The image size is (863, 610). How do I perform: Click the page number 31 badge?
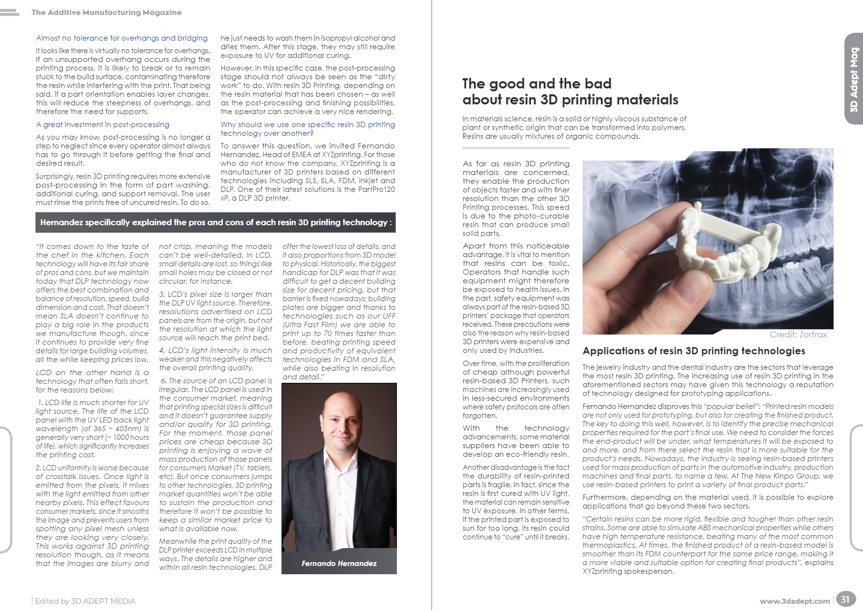tap(845, 600)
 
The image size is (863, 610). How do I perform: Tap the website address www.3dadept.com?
tap(794, 601)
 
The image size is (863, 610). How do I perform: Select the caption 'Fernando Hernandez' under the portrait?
tap(339, 564)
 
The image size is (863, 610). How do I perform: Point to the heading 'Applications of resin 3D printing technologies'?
tap(694, 351)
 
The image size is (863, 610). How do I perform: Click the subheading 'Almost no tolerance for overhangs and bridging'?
tap(122, 38)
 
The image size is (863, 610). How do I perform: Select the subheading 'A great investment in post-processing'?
tap(102, 125)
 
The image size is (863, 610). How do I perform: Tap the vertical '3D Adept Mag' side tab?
tap(854, 80)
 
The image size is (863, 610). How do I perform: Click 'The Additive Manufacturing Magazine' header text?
tap(106, 13)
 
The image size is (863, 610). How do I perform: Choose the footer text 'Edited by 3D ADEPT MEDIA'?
tap(85, 601)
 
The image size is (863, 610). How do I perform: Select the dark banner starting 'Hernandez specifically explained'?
tap(216, 222)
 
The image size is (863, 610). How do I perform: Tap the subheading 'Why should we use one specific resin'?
tap(307, 129)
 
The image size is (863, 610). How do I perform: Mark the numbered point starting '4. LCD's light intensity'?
tap(216, 359)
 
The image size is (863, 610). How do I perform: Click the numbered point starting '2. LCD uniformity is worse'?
tap(92, 515)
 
